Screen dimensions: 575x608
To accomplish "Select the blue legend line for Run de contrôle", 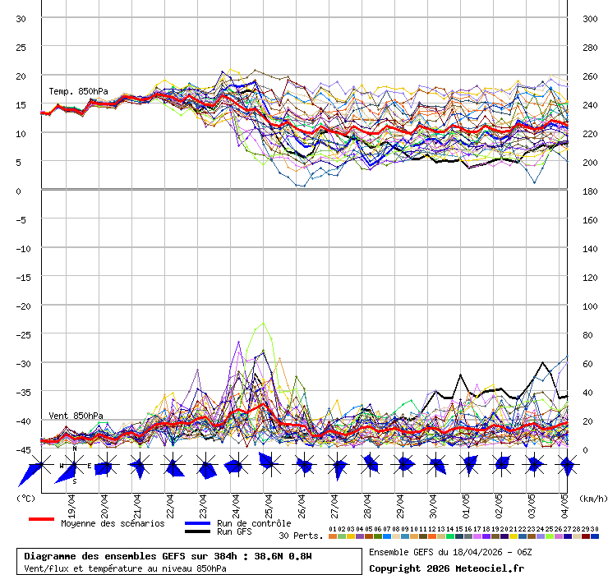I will tap(197, 523).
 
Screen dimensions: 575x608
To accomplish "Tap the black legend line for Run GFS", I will tap(197, 531).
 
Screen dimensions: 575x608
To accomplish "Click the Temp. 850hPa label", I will tap(78, 91).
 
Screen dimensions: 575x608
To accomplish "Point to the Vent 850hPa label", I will tap(76, 416).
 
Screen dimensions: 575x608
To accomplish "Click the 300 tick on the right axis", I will tap(589, 19).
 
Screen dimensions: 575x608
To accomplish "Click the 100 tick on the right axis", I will tap(589, 306).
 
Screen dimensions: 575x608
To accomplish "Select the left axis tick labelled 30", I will tap(21, 19).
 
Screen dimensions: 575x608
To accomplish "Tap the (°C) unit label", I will tap(25, 499).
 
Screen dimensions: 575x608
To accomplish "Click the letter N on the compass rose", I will tap(74, 448).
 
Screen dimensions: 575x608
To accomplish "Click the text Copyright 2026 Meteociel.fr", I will tap(446, 568).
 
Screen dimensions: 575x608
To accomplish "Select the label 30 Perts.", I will tap(301, 536).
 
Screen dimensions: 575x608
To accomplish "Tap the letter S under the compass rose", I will tap(74, 482).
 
